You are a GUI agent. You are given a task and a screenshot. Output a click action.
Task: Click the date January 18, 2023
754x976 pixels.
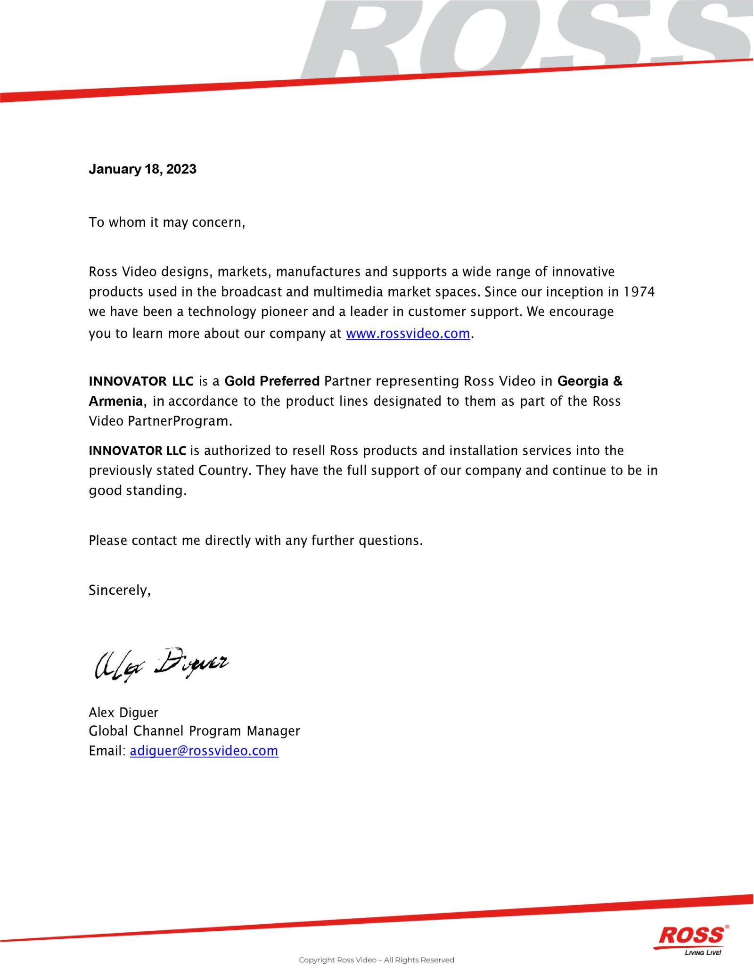[x=142, y=169]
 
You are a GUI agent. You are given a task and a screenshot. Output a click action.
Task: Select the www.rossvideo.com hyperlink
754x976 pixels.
[x=408, y=334]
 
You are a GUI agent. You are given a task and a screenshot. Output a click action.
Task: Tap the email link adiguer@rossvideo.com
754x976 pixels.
[x=204, y=751]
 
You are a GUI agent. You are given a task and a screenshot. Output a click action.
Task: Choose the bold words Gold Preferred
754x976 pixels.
[x=272, y=381]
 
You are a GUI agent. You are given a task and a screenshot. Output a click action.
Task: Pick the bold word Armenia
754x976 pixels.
[x=116, y=401]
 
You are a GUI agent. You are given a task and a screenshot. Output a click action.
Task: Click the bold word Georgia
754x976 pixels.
[x=582, y=381]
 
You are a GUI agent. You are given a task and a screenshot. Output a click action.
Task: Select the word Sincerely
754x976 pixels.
[x=119, y=590]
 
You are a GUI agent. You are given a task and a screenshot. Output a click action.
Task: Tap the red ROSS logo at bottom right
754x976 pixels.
[x=692, y=935]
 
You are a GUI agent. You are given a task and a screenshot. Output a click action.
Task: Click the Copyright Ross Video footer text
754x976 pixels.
[x=376, y=960]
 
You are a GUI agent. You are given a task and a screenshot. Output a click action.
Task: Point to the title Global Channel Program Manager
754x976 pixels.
[x=194, y=731]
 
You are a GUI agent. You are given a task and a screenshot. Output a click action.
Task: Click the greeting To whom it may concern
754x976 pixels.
[x=167, y=222]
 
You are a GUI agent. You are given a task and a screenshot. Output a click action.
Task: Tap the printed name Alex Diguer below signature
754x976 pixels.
[x=123, y=712]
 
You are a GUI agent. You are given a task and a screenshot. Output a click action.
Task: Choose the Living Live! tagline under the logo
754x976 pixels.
[x=703, y=953]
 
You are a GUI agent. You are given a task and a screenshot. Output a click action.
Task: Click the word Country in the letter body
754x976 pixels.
[x=223, y=470]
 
